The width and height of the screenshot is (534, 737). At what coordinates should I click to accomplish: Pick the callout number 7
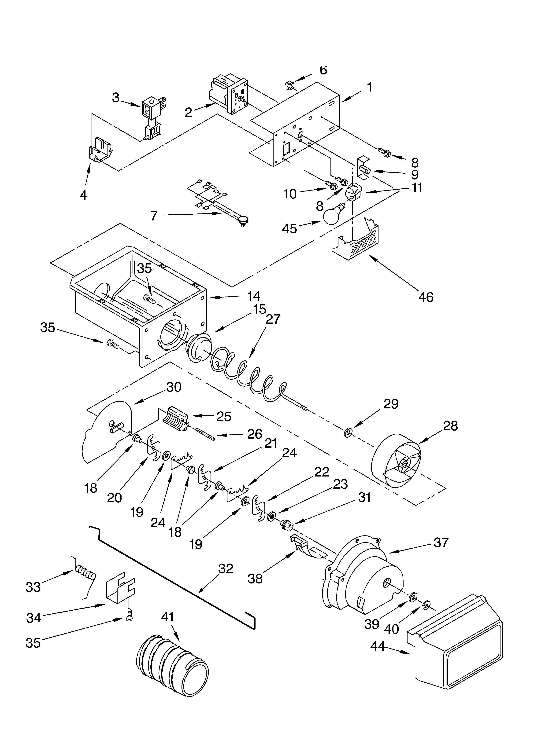tap(153, 216)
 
